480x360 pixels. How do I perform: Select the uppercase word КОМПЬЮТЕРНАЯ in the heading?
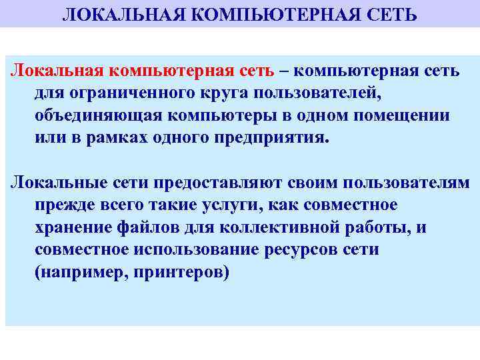(x=263, y=14)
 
